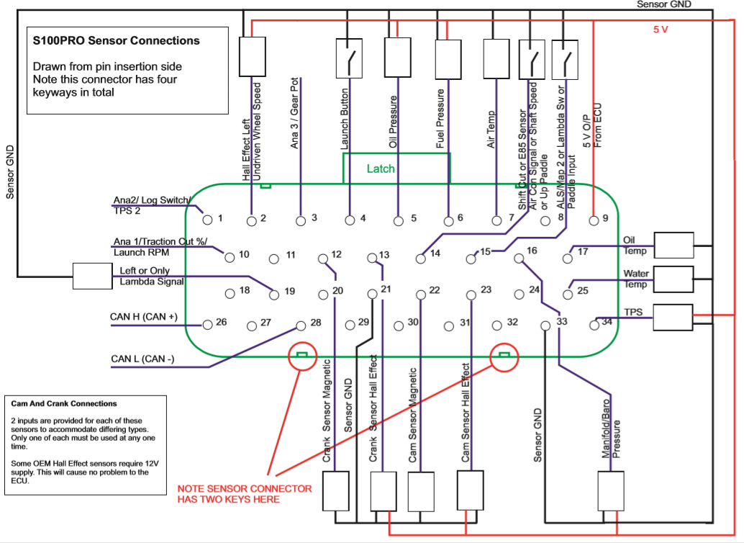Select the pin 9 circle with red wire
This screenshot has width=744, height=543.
(x=594, y=220)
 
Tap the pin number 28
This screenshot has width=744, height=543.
(x=316, y=323)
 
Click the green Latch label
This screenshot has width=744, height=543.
(x=381, y=169)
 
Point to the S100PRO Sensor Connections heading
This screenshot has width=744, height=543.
(x=117, y=41)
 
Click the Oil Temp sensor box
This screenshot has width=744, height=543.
(x=673, y=245)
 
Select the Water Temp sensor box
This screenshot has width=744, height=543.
(x=673, y=279)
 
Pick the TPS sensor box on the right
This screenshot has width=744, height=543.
(x=673, y=317)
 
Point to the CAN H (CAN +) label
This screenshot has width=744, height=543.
(x=144, y=317)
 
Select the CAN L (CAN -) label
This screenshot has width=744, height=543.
(x=142, y=359)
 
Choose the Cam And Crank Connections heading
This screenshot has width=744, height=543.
(x=64, y=403)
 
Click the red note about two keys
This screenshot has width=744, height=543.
(x=245, y=493)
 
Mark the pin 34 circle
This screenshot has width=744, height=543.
(x=594, y=325)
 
